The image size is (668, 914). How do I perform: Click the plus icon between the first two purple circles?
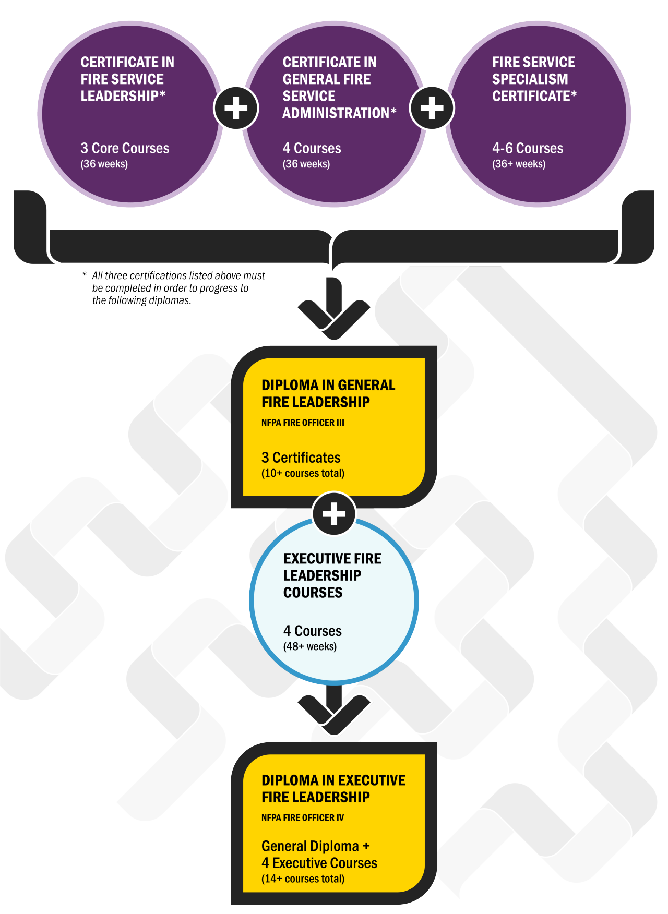[x=236, y=108]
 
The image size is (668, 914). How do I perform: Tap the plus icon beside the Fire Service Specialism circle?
[x=432, y=108]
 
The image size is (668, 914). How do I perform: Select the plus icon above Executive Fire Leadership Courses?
[x=334, y=514]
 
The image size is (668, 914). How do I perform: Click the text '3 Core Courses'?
[x=125, y=148]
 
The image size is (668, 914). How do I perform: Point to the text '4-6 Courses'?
[x=528, y=148]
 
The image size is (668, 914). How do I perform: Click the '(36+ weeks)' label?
[x=519, y=164]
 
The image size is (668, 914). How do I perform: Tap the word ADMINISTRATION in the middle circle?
[x=336, y=113]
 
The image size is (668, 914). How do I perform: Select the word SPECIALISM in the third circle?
[x=530, y=79]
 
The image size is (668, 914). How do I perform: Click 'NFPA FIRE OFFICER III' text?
[x=303, y=423]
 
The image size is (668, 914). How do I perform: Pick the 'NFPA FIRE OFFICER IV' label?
[x=303, y=817]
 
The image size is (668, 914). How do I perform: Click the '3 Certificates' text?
[x=301, y=458]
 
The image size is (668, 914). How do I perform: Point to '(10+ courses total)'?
[x=303, y=473]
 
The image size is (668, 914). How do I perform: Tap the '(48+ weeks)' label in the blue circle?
[x=310, y=646]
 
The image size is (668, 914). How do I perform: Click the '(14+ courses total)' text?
[x=303, y=879]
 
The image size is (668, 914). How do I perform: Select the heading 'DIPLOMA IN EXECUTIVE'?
[x=333, y=780]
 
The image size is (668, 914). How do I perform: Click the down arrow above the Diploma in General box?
[x=334, y=310]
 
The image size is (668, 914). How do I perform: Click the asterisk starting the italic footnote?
[x=85, y=275]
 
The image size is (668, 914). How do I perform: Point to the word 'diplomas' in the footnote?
[x=173, y=300]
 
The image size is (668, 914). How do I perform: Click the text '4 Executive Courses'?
[x=319, y=863]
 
